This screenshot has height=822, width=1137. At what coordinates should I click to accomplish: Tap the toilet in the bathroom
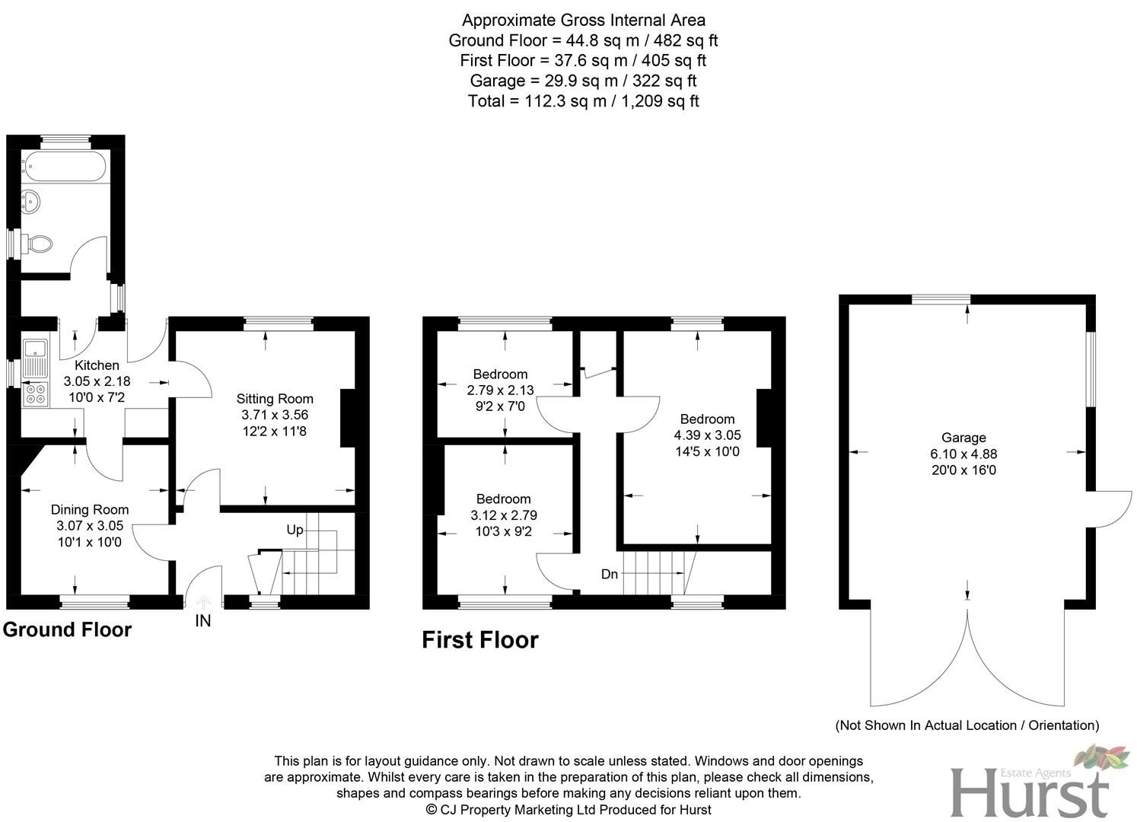pos(38,244)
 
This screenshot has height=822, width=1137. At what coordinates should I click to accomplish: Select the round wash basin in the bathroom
pos(32,202)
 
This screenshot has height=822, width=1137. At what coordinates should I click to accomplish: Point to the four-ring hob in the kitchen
pos(34,393)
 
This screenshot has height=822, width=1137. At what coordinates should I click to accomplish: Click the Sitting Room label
pos(275,399)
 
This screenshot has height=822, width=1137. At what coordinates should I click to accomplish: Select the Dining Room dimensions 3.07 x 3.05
pos(89,526)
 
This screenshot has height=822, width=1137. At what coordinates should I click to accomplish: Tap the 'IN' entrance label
pos(202,621)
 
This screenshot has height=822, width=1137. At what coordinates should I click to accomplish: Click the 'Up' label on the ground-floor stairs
pos(295,530)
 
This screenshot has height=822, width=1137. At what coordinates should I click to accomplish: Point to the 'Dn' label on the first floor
pos(609,575)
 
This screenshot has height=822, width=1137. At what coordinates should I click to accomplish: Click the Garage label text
pos(963,438)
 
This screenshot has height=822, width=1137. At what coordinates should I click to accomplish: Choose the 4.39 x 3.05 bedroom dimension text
pos(707,435)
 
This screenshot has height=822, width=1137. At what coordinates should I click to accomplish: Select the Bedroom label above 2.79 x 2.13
pos(500,374)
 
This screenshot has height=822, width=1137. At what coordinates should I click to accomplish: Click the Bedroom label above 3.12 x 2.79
pos(503,499)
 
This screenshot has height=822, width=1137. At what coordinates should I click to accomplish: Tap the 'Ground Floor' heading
pos(67,630)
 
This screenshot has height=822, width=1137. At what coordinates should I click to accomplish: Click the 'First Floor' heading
pos(479,640)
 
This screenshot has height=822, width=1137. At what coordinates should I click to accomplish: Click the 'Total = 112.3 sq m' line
pos(583,101)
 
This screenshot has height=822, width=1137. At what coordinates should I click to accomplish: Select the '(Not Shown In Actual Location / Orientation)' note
pos(967,725)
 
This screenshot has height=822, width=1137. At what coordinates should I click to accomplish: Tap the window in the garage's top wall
pos(941,300)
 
